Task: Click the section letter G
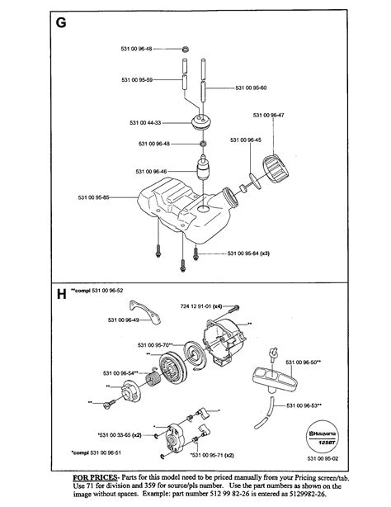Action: tap(60, 23)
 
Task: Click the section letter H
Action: tap(60, 292)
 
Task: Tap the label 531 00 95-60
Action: tap(252, 87)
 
